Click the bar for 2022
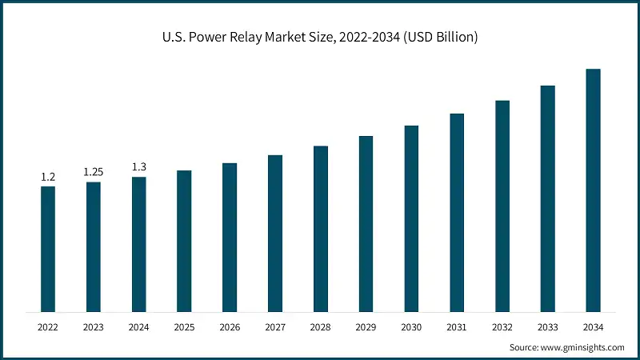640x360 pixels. (x=48, y=249)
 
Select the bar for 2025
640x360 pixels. (x=184, y=241)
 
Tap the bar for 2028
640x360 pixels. (x=320, y=229)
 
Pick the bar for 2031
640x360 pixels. (x=457, y=212)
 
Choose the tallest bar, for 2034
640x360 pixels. (x=593, y=190)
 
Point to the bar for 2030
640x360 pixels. (x=411, y=218)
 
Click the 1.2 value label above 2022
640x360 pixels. (x=48, y=177)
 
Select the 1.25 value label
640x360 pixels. (x=94, y=172)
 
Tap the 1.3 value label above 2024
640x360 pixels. (x=139, y=166)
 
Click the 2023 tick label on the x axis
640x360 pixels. (x=94, y=327)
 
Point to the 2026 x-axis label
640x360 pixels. (x=230, y=327)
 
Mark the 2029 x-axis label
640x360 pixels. (x=366, y=327)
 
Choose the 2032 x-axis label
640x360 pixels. (x=502, y=327)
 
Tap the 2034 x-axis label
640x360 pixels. (x=593, y=327)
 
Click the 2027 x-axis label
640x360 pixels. (x=275, y=327)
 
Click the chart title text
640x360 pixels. (x=320, y=38)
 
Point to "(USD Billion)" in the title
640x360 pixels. (x=438, y=38)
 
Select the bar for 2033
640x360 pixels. (x=547, y=198)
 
